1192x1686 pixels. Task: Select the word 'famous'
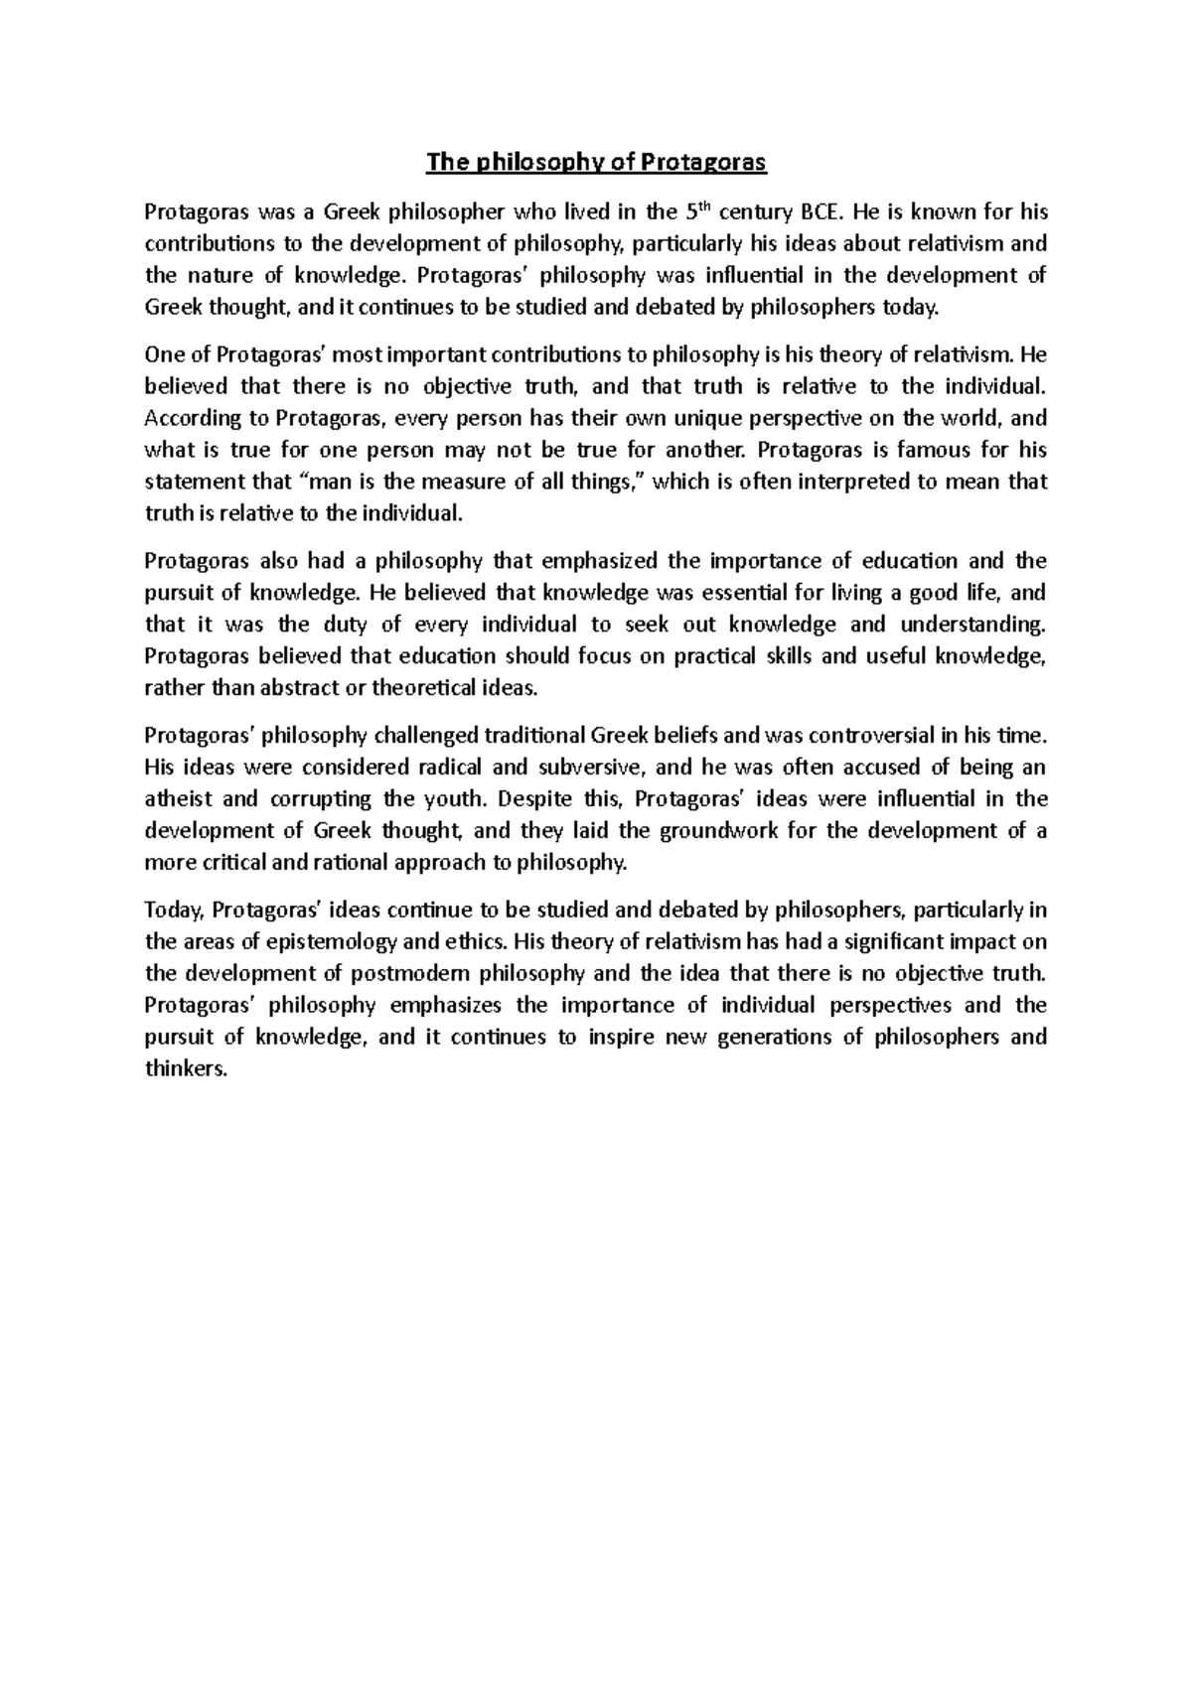pos(933,450)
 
